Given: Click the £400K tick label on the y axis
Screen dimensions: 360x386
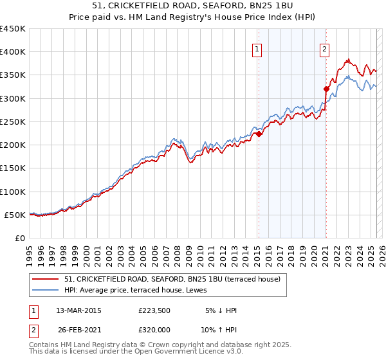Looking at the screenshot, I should pos(13,52).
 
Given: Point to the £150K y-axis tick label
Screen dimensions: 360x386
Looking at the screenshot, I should pos(13,168).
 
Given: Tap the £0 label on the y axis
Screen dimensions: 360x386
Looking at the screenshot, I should pos(21,239).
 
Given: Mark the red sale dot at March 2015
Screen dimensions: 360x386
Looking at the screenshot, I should pos(259,134).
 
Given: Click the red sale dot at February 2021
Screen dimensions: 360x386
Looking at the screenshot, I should pos(326,89).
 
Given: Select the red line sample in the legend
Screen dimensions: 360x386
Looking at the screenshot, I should pos(46,280).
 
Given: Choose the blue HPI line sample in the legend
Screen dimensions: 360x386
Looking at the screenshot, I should pos(46,290).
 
